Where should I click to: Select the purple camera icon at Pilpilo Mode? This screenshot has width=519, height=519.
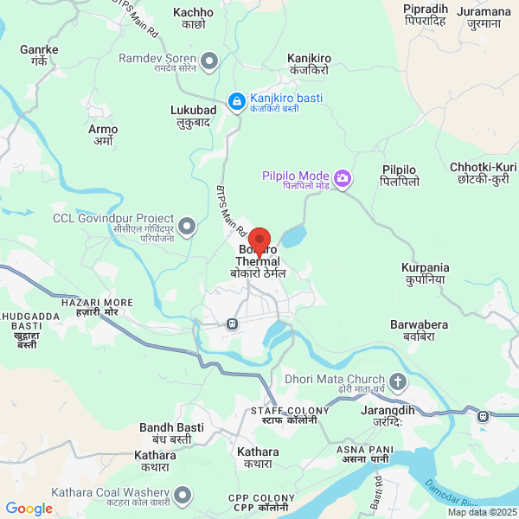coord(343,179)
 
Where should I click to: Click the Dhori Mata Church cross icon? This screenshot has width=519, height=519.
coord(397,381)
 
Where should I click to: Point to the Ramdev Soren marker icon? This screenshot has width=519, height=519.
coord(208,61)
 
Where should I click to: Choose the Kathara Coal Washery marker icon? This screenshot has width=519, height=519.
coord(183,496)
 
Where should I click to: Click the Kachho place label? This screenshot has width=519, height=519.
coord(193,18)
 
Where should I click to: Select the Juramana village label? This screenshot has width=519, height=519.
coord(484,17)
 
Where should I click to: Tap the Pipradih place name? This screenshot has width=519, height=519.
coord(425,15)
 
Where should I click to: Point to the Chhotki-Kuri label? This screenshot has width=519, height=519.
coord(483,173)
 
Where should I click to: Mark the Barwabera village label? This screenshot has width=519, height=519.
coord(419,330)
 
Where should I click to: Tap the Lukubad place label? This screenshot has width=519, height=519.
coord(193,116)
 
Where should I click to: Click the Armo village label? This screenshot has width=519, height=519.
coord(103,135)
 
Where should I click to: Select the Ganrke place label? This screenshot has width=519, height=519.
coord(39,55)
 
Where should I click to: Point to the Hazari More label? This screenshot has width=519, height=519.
coord(97,307)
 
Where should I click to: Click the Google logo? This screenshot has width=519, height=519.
coord(29,509)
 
